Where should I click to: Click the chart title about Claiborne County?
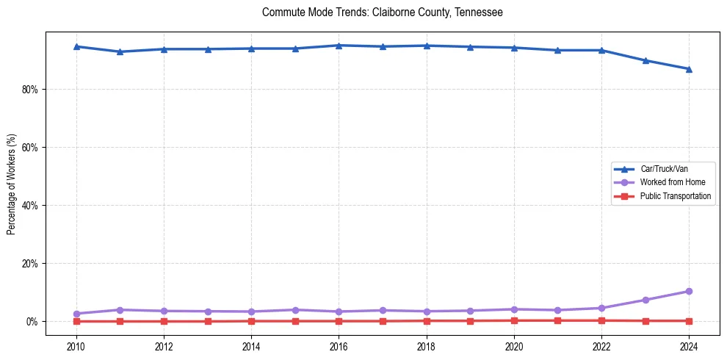[x=382, y=12]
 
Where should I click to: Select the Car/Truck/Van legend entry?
[x=664, y=169]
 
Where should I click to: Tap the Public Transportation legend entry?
[x=676, y=196]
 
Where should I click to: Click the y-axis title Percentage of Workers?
[x=12, y=184]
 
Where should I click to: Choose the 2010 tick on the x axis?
[x=76, y=345]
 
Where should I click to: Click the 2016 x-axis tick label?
[x=339, y=345]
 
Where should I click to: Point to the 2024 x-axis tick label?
[x=689, y=345]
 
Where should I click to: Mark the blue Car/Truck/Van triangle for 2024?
[x=689, y=69]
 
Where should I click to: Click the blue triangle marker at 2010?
[x=76, y=46]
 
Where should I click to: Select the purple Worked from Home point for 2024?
[x=689, y=292]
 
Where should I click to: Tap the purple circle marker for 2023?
[x=645, y=300]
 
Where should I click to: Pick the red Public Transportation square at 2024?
[x=689, y=321]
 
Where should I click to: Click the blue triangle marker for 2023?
[x=645, y=60]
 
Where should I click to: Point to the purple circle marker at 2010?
[x=76, y=314]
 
